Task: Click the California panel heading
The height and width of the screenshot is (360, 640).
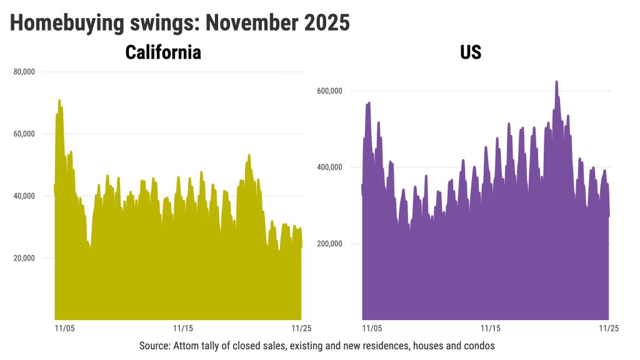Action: [x=163, y=52]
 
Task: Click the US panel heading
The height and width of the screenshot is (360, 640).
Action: [x=471, y=52]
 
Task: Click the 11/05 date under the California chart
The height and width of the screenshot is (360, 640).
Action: [x=65, y=327]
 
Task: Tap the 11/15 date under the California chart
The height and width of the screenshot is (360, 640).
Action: [x=182, y=327]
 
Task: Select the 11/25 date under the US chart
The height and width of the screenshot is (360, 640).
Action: [x=609, y=327]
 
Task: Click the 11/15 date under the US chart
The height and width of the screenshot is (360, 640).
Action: [x=490, y=327]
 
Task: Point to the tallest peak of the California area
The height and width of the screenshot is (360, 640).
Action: [x=59, y=101]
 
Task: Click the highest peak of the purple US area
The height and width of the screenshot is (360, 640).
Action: [x=556, y=82]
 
